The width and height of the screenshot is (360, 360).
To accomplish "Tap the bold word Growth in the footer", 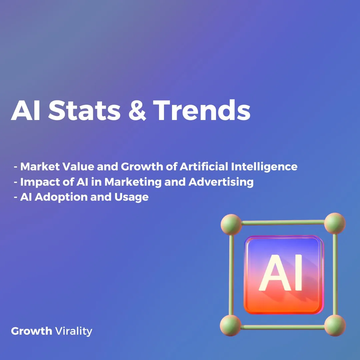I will tap(31, 331).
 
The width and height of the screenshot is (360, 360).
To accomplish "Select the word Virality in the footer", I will tap(74, 331).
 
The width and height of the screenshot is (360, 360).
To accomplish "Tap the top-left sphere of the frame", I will tap(231, 224).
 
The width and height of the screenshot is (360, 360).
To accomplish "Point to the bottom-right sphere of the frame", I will tap(335, 325).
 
